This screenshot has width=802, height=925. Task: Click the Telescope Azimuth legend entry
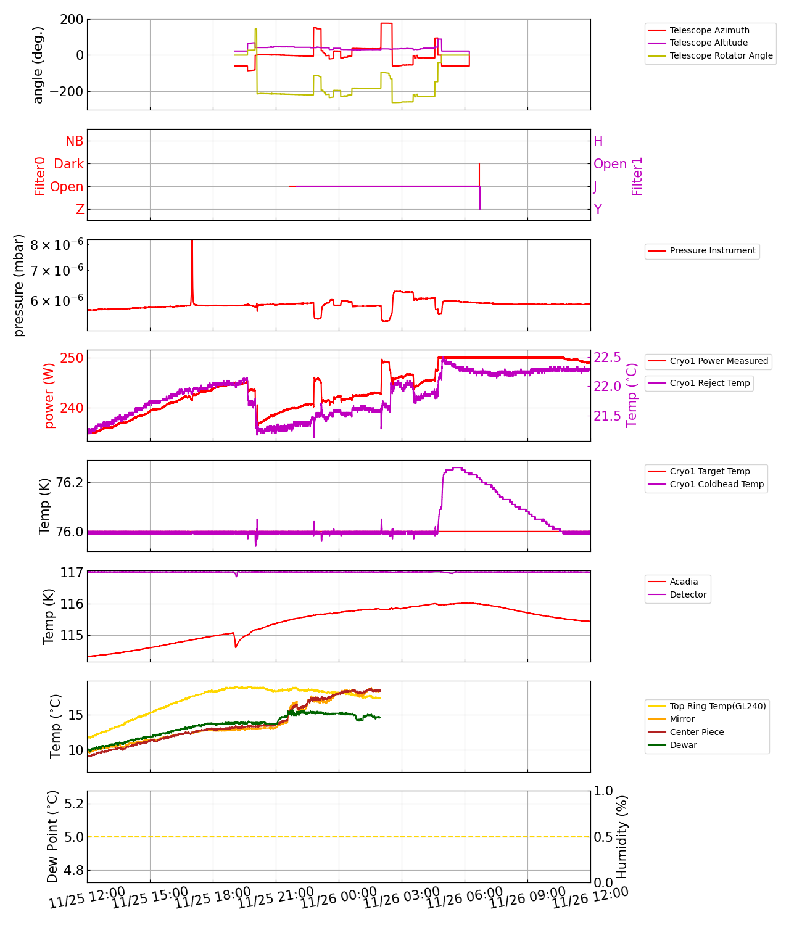pos(709,30)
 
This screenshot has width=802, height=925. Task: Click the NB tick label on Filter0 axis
pos(74,141)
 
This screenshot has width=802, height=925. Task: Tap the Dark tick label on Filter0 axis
pos(68,164)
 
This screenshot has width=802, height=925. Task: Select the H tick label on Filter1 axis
pos(598,141)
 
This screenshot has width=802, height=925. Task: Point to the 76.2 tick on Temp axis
pos(69,482)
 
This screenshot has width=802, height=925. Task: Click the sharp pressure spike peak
pos(192,241)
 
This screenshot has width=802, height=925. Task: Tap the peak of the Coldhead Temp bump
pos(456,468)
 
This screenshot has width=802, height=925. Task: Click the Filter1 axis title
pos(637,176)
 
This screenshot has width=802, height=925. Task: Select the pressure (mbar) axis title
pos(19,285)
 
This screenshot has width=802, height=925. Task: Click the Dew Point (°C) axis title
pos(52,836)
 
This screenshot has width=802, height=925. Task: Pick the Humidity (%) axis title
pos(622,836)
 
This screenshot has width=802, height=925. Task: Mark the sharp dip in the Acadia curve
pos(236,647)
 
